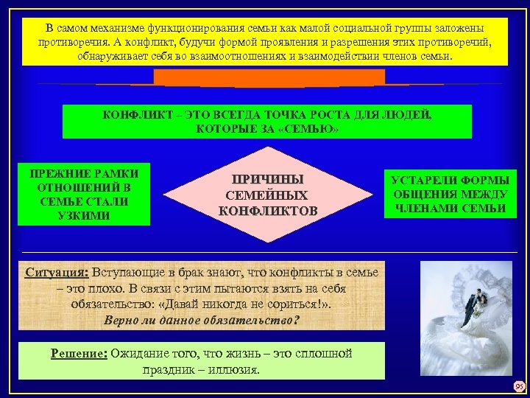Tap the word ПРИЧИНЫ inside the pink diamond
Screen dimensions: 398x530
268,180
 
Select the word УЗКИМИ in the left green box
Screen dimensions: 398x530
84,215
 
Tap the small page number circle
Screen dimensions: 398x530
518,386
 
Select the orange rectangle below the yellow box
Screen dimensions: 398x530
269,77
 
